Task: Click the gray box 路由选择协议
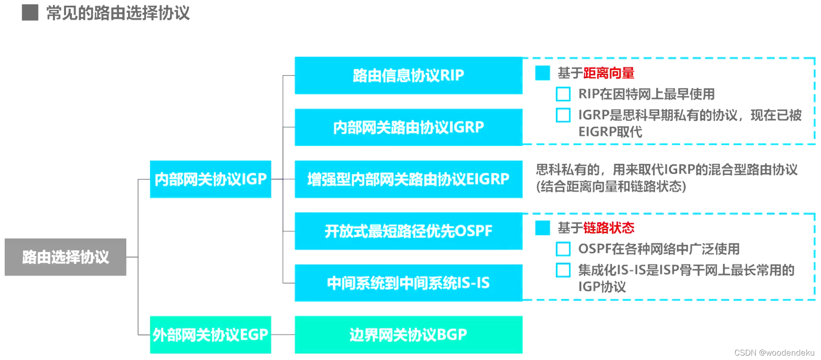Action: (65, 257)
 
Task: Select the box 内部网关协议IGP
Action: (210, 179)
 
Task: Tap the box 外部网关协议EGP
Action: (210, 335)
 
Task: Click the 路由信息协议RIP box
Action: (408, 76)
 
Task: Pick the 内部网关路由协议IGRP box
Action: (408, 127)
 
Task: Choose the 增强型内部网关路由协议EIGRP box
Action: (408, 179)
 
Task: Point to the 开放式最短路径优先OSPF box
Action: (408, 231)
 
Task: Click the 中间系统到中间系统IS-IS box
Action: (408, 283)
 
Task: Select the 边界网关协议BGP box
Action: (408, 335)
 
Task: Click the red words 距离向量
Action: (609, 73)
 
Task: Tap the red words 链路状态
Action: (609, 228)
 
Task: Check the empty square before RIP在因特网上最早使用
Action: (563, 94)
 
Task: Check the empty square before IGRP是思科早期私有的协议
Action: (563, 115)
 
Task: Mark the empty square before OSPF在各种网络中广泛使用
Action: (563, 249)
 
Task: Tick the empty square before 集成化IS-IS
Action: (563, 270)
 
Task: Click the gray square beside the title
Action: (30, 13)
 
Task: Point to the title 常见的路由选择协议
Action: (118, 13)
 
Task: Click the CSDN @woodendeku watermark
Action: (774, 353)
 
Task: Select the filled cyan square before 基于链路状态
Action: (542, 228)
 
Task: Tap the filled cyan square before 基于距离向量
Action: (542, 73)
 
